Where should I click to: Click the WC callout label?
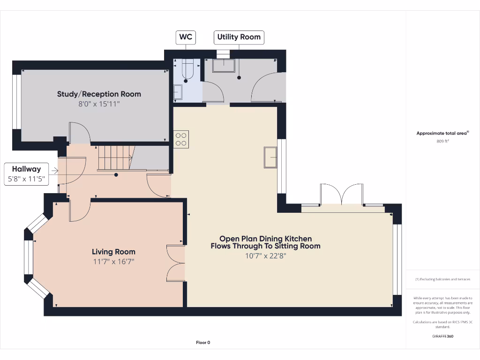tap(186, 37)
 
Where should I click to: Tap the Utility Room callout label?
tap(239, 37)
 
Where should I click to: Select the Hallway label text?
tap(26, 169)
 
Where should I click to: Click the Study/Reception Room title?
tap(99, 94)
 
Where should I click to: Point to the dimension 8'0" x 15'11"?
tap(99, 104)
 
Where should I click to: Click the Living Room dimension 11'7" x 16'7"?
tap(113, 262)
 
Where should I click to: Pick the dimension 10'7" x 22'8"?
tap(265, 256)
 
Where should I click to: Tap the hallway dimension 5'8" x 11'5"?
tap(26, 179)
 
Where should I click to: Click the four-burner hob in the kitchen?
tap(181, 138)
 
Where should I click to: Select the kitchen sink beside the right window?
tap(270, 157)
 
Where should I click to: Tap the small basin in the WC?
tap(178, 92)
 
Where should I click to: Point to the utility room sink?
tap(224, 66)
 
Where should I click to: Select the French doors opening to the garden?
tap(342, 195)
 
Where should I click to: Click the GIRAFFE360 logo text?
tap(442, 336)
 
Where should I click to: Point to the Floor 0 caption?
tap(203, 343)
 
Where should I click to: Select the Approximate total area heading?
tap(442, 133)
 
